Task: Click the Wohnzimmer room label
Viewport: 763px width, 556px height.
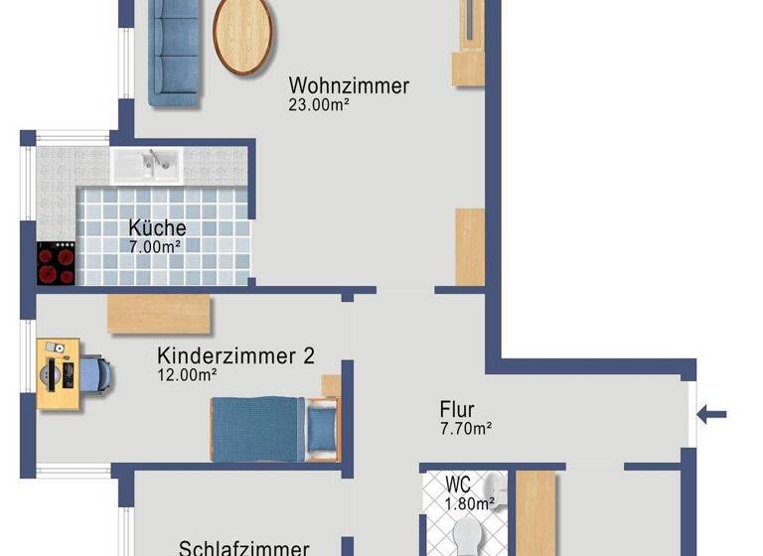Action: (348, 85)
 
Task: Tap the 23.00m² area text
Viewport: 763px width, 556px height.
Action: (318, 104)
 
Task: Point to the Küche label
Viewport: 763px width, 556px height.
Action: (157, 227)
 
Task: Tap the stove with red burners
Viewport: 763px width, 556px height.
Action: (57, 264)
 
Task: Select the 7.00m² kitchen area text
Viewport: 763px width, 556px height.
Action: (154, 245)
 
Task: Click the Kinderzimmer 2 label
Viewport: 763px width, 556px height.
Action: (235, 355)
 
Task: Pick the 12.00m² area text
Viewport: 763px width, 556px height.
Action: (187, 375)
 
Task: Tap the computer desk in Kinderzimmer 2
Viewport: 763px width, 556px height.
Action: (58, 373)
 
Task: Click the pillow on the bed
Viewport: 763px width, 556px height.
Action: (321, 429)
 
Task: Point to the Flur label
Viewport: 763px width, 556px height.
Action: (457, 409)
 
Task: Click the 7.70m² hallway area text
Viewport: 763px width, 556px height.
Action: (466, 429)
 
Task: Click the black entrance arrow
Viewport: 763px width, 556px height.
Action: (713, 414)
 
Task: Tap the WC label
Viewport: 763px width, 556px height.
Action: (458, 486)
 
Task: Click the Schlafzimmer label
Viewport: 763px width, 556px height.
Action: (243, 548)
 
